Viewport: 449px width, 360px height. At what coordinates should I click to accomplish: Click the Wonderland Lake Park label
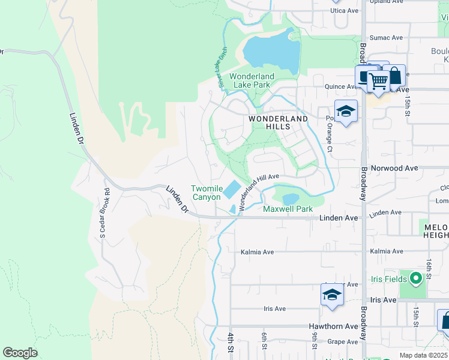pyautogui.click(x=252, y=80)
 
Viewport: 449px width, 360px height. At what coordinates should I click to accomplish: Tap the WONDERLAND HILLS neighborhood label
pyautogui.click(x=278, y=122)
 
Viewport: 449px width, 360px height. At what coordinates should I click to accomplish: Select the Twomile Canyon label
pyautogui.click(x=206, y=193)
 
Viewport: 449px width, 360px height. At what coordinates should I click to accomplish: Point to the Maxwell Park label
pyautogui.click(x=288, y=209)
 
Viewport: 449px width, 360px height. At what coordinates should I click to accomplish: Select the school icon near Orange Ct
pyautogui.click(x=346, y=112)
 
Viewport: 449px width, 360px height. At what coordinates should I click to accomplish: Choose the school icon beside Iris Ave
pyautogui.click(x=331, y=295)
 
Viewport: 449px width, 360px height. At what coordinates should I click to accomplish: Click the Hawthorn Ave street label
pyautogui.click(x=333, y=326)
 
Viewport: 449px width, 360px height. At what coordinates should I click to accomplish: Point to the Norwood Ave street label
pyautogui.click(x=394, y=169)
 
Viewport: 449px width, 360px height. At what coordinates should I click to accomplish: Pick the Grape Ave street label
pyautogui.click(x=343, y=342)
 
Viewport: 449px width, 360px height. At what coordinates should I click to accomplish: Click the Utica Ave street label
pyautogui.click(x=345, y=11)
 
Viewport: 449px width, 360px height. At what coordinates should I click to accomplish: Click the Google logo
pyautogui.click(x=20, y=353)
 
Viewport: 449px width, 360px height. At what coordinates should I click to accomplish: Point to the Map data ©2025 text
pyautogui.click(x=423, y=355)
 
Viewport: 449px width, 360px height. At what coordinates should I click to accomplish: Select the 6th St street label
pyautogui.click(x=264, y=339)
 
